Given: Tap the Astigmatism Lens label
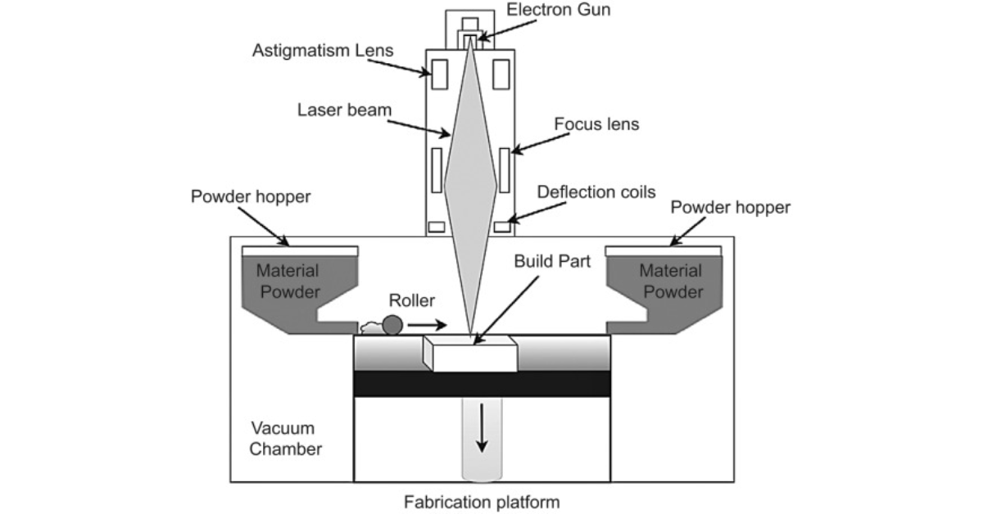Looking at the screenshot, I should click(x=322, y=51).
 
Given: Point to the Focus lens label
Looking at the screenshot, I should click(x=596, y=125).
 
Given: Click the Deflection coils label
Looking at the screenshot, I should click(x=596, y=192).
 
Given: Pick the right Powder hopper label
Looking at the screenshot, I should click(x=731, y=208).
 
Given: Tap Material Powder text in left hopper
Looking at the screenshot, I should click(x=288, y=281).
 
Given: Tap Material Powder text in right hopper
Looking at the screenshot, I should click(x=671, y=281).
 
